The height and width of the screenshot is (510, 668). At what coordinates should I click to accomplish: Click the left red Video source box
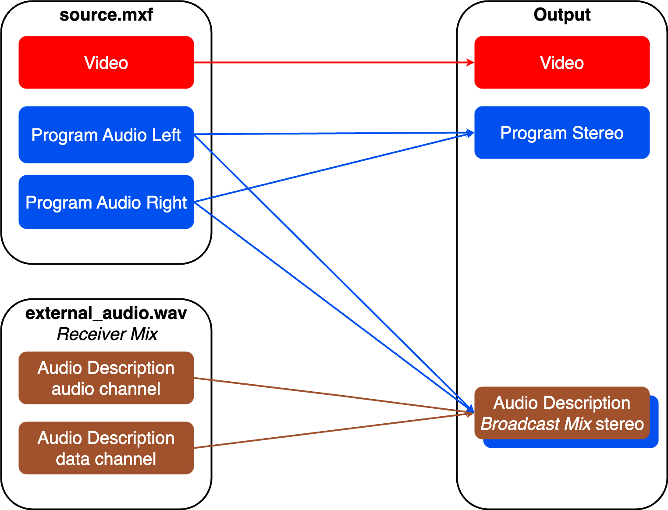click(106, 63)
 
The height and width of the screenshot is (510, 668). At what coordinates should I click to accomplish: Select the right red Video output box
click(561, 63)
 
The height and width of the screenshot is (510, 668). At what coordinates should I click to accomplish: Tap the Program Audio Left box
click(106, 135)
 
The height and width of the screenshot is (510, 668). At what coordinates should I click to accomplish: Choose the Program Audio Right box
click(106, 202)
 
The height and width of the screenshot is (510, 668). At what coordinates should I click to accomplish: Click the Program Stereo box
click(561, 132)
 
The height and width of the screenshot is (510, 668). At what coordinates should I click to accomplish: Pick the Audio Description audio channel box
click(106, 378)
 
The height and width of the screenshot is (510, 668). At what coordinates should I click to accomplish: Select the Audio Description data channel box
click(106, 448)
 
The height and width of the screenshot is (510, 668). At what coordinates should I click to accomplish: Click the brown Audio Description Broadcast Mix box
click(561, 413)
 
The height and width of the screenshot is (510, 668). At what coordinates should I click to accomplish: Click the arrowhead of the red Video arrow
click(470, 63)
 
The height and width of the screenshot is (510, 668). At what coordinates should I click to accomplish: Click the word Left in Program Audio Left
click(166, 135)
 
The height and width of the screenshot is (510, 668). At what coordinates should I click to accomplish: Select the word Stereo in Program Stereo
click(597, 133)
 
